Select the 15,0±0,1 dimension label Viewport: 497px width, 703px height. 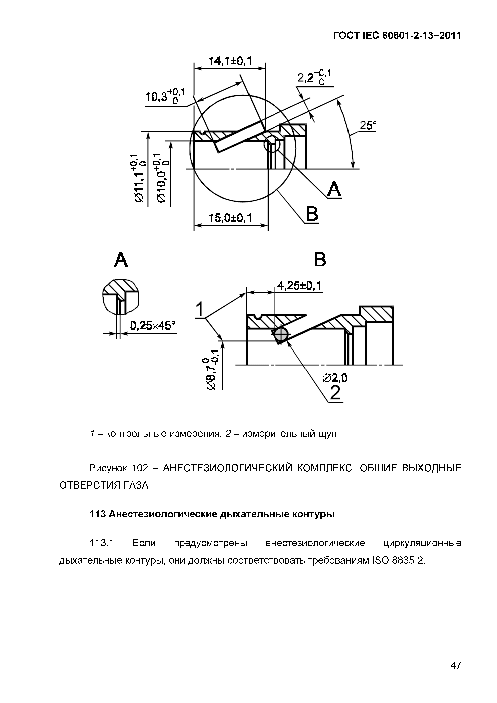pyautogui.click(x=230, y=218)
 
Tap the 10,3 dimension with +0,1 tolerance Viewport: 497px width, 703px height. pyautogui.click(x=165, y=96)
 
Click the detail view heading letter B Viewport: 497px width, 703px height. pyautogui.click(x=320, y=260)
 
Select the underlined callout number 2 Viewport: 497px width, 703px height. pyautogui.click(x=336, y=393)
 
